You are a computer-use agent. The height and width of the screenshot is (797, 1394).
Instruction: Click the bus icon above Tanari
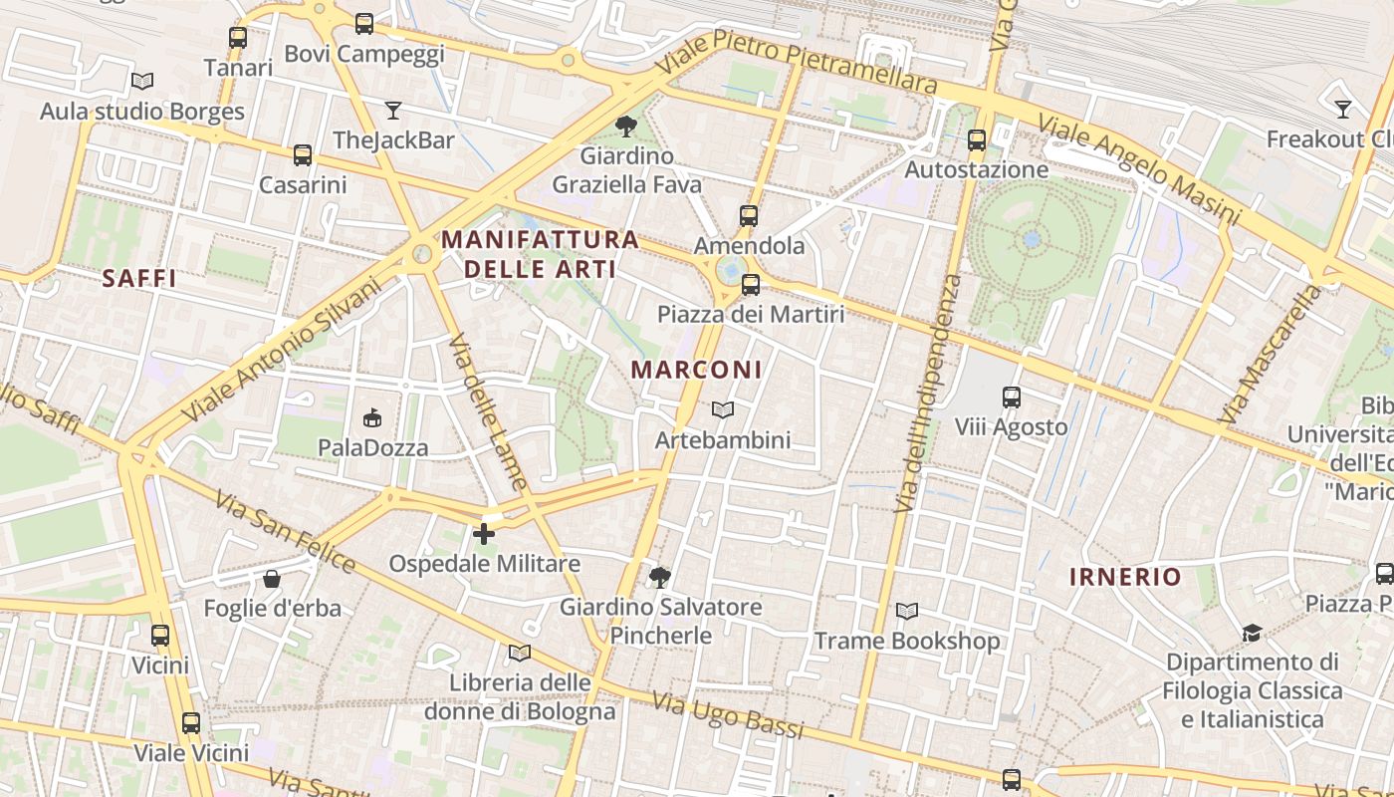pyautogui.click(x=237, y=38)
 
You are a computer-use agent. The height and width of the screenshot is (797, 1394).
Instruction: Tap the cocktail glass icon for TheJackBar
pyautogui.click(x=393, y=110)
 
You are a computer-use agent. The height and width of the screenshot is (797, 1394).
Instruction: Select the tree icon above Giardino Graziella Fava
pyautogui.click(x=626, y=126)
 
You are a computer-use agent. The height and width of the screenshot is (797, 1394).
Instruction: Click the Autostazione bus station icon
pyautogui.click(x=977, y=140)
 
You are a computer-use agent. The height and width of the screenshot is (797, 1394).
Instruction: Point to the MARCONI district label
pyautogui.click(x=697, y=370)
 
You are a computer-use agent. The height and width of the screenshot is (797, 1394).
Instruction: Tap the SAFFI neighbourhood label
pyautogui.click(x=139, y=279)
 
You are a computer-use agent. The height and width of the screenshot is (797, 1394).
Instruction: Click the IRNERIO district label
pyautogui.click(x=1125, y=577)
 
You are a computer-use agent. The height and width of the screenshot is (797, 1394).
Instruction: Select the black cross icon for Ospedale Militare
pyautogui.click(x=484, y=534)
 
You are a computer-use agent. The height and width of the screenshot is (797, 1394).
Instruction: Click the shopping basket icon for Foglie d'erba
pyautogui.click(x=271, y=579)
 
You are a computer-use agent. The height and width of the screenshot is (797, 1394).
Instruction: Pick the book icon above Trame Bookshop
pyautogui.click(x=907, y=611)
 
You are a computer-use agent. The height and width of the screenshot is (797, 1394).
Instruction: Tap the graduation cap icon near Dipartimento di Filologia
pyautogui.click(x=1252, y=633)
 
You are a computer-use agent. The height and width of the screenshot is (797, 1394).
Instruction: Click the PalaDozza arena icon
pyautogui.click(x=372, y=417)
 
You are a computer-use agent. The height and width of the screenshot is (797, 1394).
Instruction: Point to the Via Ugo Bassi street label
pyautogui.click(x=728, y=715)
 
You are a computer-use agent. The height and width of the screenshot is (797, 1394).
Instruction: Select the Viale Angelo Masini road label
pyautogui.click(x=1139, y=169)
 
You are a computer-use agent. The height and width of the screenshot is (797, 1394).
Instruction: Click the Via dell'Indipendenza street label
pyautogui.click(x=928, y=394)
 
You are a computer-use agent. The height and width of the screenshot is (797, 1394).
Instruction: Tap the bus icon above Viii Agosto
pyautogui.click(x=1012, y=398)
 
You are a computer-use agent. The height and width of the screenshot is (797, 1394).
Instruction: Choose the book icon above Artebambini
pyautogui.click(x=723, y=409)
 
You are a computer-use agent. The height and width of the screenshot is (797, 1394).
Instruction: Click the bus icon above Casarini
pyautogui.click(x=303, y=155)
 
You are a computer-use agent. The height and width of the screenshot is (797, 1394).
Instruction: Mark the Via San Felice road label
pyautogui.click(x=284, y=532)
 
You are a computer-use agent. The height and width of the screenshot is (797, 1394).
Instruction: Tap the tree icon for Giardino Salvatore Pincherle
pyautogui.click(x=659, y=577)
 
